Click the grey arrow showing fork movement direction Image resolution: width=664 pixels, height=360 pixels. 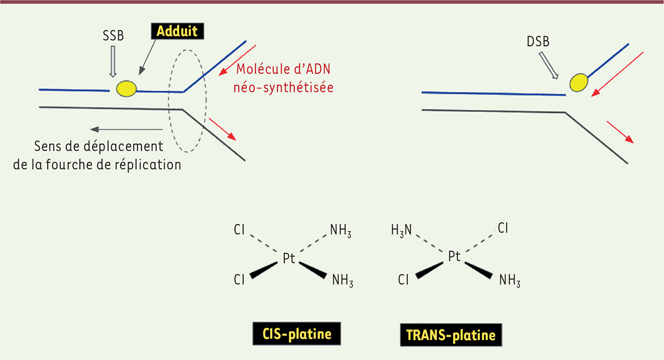(127, 129)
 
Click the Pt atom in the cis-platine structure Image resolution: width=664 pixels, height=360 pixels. (289, 258)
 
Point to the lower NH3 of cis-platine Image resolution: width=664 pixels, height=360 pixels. (342, 280)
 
